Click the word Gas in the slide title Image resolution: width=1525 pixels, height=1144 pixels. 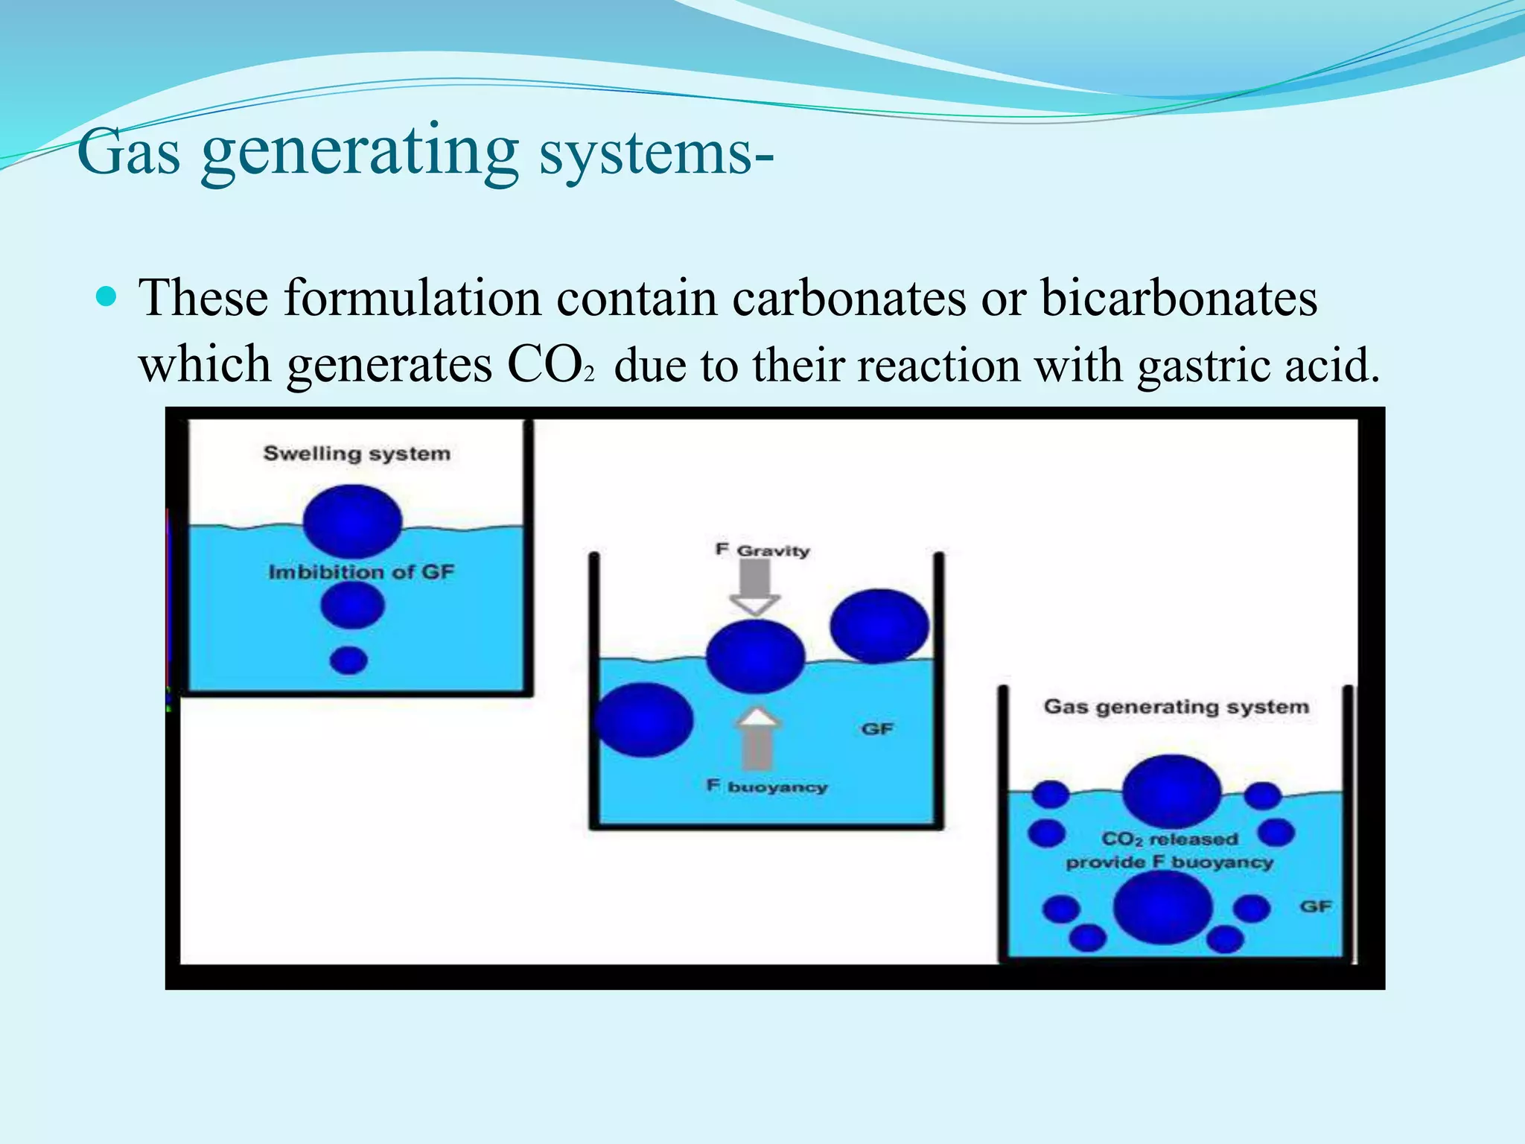pyautogui.click(x=129, y=153)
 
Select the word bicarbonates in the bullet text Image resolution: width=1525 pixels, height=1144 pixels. pyautogui.click(x=1178, y=299)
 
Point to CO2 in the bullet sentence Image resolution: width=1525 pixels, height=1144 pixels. pyautogui.click(x=550, y=366)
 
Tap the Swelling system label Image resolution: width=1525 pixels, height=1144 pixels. pyautogui.click(x=357, y=454)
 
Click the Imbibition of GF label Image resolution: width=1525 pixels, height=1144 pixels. pyautogui.click(x=361, y=572)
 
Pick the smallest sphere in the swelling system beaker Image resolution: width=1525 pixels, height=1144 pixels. pyautogui.click(x=348, y=660)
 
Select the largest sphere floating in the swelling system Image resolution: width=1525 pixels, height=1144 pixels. pyautogui.click(x=352, y=521)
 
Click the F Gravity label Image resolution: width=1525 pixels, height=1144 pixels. pyautogui.click(x=762, y=550)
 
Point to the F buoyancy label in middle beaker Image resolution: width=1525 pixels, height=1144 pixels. pyautogui.click(x=767, y=786)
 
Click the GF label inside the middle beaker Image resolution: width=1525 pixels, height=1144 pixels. pyautogui.click(x=876, y=729)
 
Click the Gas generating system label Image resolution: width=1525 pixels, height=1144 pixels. pyautogui.click(x=1176, y=707)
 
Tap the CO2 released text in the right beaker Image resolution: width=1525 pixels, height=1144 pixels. pyautogui.click(x=1169, y=839)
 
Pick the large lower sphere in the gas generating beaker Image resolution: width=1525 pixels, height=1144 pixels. pyautogui.click(x=1162, y=907)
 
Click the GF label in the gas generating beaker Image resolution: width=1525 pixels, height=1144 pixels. pyautogui.click(x=1315, y=906)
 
